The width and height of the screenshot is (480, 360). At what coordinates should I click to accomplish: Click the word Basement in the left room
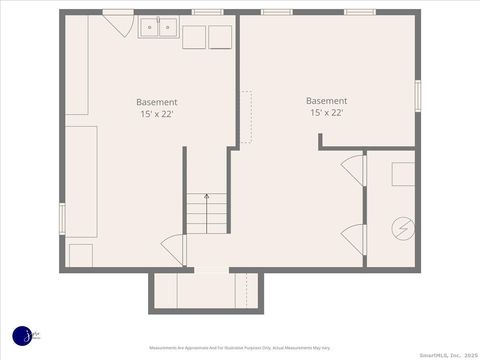[x=158, y=102]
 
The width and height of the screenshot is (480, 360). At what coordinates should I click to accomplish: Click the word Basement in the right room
[x=327, y=100]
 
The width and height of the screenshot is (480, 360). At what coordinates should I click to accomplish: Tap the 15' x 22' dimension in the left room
[x=158, y=114]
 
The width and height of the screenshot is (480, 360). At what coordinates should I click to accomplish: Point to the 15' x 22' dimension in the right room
[x=327, y=113]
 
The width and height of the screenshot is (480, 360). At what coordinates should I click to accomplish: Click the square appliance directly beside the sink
[x=193, y=36]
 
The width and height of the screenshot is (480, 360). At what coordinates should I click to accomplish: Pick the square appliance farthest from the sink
[x=221, y=36]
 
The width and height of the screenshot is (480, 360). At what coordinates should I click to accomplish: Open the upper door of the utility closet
[x=353, y=169]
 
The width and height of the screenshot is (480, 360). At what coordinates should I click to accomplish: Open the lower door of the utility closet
[x=353, y=238]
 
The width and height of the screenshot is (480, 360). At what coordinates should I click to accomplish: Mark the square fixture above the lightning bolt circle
[x=402, y=174]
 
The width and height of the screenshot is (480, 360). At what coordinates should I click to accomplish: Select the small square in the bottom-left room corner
[x=80, y=255]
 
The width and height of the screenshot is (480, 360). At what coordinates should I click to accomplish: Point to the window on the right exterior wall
[x=417, y=96]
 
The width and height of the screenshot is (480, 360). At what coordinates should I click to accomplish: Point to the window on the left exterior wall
[x=62, y=218]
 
